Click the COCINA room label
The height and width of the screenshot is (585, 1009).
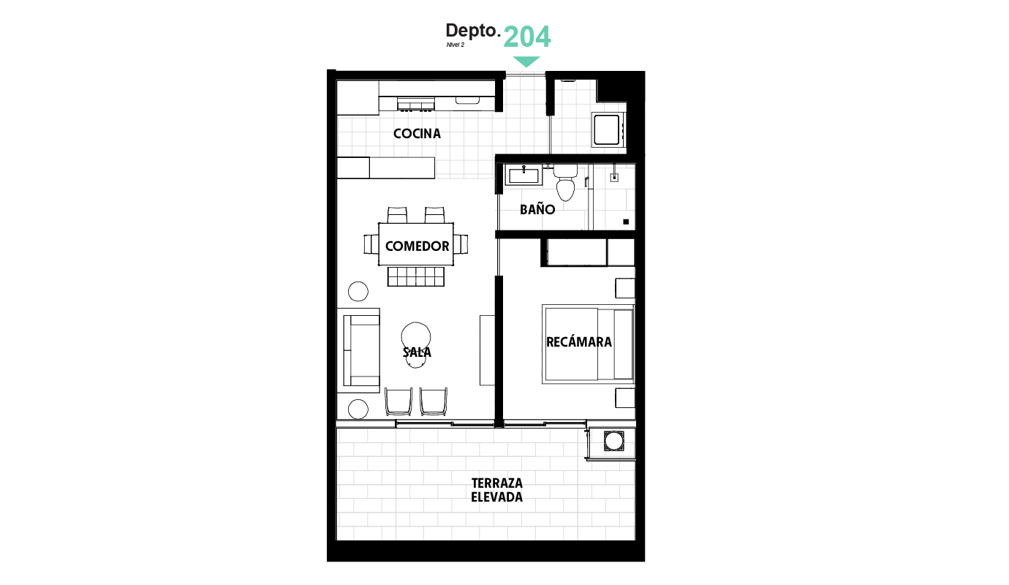coord(417,134)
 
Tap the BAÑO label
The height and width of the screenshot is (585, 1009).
coord(537,209)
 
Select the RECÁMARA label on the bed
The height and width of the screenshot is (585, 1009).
coord(579,341)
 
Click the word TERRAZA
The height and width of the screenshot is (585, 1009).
coord(497,483)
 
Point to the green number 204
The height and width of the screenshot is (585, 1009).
coord(526,37)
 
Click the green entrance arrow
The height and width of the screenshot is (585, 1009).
coord(526,61)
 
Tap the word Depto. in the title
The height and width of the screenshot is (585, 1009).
coord(473,31)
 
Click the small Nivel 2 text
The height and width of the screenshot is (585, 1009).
coord(455,45)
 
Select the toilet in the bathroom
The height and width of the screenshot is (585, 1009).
coord(565,183)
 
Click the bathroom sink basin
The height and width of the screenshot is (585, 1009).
coord(524,175)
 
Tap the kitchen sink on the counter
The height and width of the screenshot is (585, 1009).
coord(467,100)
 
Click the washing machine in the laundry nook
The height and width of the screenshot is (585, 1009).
coord(607,129)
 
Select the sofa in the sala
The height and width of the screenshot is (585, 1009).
coord(361,350)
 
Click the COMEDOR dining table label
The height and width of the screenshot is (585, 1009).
coord(417,246)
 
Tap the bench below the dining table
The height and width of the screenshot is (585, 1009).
coord(416,276)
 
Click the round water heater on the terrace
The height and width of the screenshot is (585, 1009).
coord(613,441)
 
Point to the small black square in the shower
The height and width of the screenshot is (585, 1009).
coord(626,222)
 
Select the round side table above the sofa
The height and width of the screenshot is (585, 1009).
coord(358,291)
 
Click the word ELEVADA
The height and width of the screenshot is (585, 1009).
coord(497,497)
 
